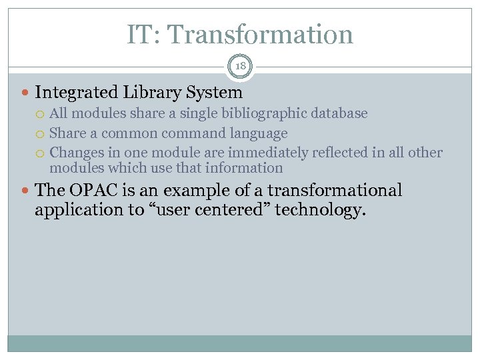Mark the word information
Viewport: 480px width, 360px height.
245,168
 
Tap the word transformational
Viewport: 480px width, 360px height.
335,191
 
